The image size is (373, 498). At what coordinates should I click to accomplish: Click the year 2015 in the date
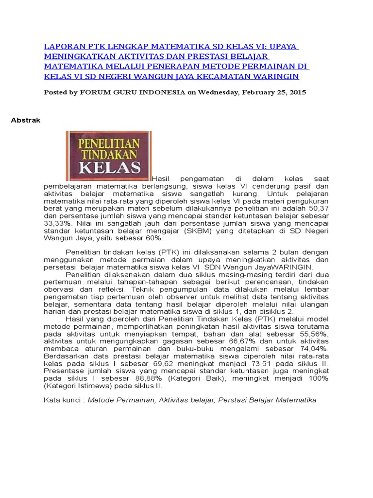click(x=296, y=92)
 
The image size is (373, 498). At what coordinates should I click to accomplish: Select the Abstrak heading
click(x=26, y=121)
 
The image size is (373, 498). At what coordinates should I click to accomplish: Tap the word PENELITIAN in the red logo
click(x=109, y=143)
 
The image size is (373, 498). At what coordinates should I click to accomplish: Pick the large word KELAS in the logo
click(x=109, y=168)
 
